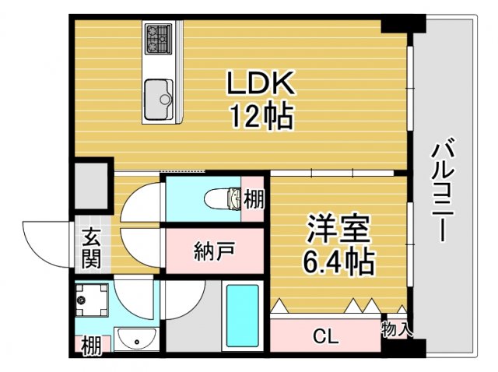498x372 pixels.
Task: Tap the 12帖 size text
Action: [259, 117]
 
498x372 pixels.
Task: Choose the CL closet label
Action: [324, 336]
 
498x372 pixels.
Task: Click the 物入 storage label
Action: [397, 329]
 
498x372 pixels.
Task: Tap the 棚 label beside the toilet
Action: [254, 199]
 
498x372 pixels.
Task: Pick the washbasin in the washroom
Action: [137, 340]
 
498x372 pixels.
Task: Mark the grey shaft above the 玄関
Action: [93, 185]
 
